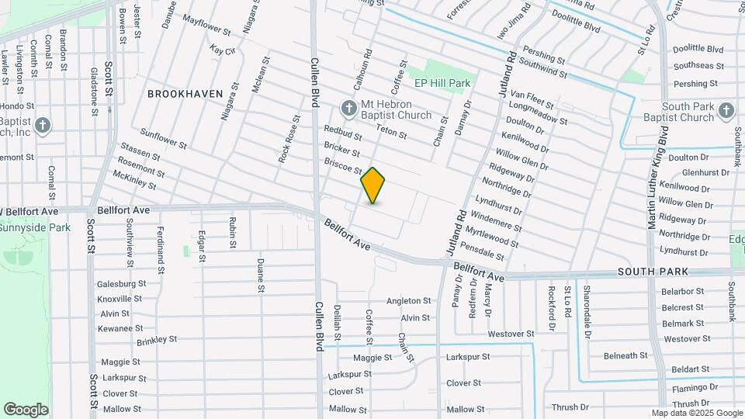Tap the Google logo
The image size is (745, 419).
26,410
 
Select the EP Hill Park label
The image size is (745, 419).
442,83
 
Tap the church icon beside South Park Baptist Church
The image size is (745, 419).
726,109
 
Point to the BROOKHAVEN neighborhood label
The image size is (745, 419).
185,94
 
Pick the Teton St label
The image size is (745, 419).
391,132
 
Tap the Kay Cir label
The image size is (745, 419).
222,50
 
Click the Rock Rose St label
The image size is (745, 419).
289,140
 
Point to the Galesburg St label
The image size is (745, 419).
120,284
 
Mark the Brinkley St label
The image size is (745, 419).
157,340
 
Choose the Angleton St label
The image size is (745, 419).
408,301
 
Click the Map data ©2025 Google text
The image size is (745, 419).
696,413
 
